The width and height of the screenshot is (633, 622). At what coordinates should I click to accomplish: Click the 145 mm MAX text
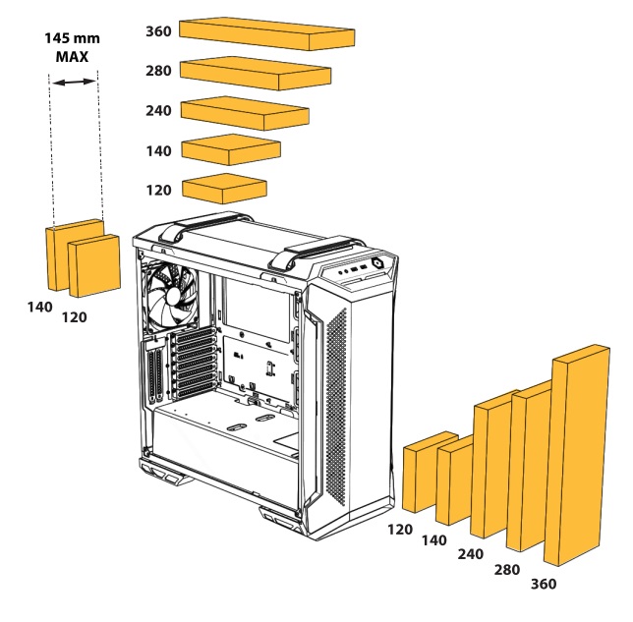click(74, 48)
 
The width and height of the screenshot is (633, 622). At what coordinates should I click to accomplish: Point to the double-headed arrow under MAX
click(74, 83)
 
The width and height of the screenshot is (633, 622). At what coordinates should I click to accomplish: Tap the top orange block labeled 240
click(245, 112)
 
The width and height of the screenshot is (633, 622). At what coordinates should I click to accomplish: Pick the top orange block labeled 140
click(232, 150)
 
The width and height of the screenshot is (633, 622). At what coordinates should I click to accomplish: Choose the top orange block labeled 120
click(225, 188)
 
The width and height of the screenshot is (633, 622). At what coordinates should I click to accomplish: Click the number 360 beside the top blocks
click(158, 31)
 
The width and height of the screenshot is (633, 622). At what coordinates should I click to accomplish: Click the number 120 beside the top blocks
click(158, 190)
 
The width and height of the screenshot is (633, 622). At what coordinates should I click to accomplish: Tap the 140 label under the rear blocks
click(40, 307)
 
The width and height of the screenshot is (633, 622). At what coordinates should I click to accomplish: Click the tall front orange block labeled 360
click(581, 457)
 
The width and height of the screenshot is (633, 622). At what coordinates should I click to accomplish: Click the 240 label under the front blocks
click(471, 554)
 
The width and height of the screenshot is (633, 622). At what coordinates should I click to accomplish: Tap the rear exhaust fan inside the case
click(174, 294)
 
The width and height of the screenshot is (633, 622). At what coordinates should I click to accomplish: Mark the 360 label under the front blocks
click(543, 585)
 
